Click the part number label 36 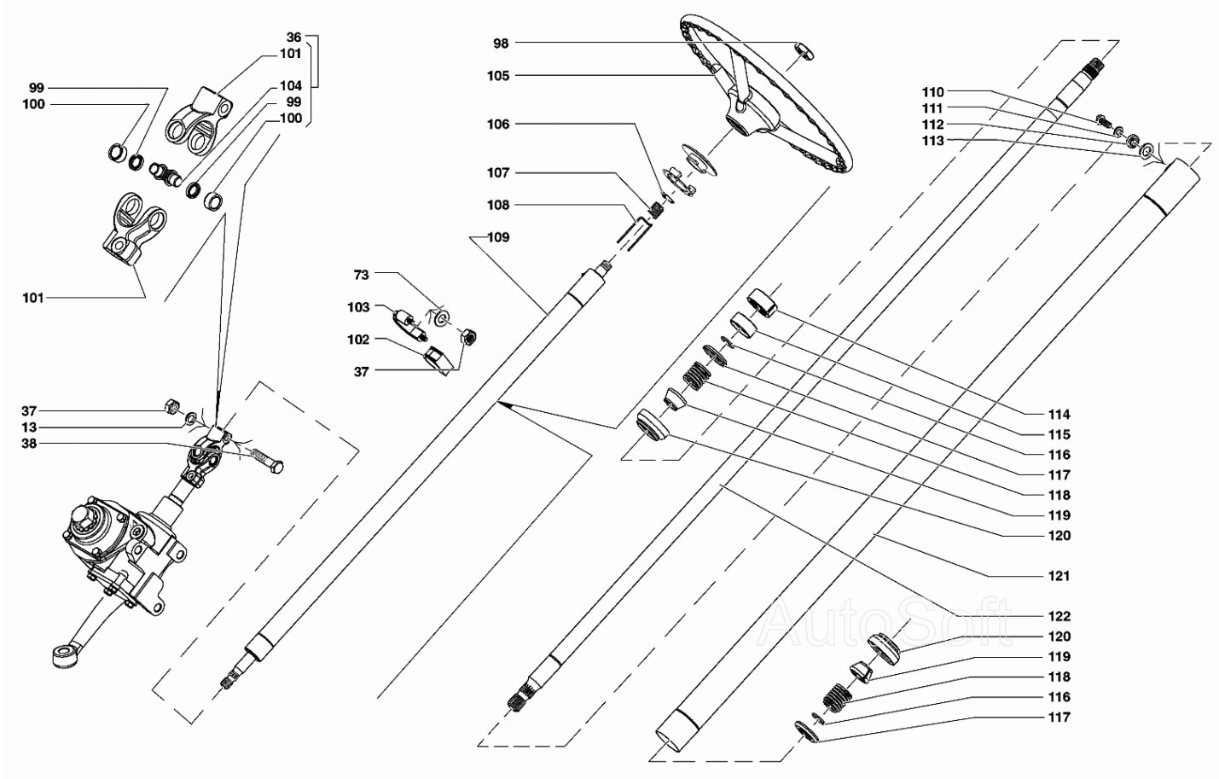click(293, 38)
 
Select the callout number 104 click(290, 86)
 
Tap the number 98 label click(501, 44)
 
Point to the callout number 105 click(499, 76)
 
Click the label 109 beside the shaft click(499, 237)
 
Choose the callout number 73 click(362, 275)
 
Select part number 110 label click(932, 91)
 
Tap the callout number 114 click(1059, 415)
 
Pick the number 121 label click(1059, 576)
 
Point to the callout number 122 click(1059, 616)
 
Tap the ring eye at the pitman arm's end click(62, 658)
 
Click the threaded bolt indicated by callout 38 click(264, 461)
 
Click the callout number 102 click(358, 340)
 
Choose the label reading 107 click(499, 173)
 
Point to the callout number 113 click(932, 141)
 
